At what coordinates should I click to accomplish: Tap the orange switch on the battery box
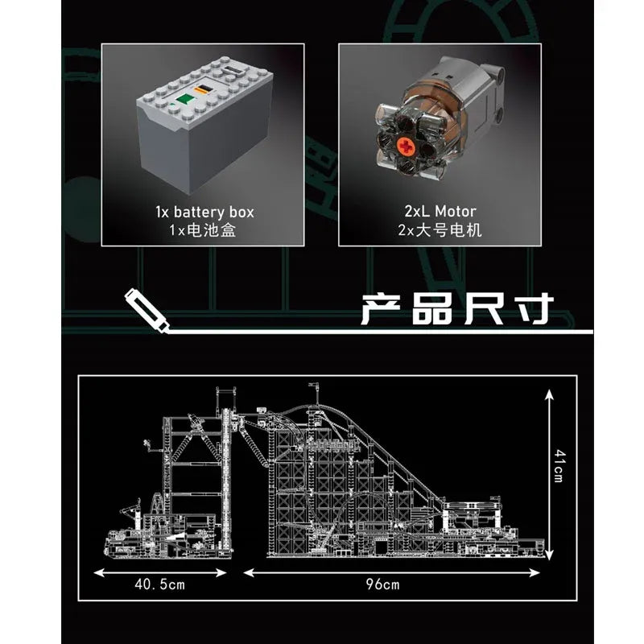tap(203, 89)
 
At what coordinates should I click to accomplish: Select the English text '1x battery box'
tap(204, 213)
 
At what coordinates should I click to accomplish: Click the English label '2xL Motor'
tap(440, 212)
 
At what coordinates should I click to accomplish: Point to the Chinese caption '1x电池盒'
tap(203, 230)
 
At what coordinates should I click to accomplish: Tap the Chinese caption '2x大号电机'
tap(440, 230)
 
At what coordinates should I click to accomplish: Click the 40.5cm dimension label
tap(159, 584)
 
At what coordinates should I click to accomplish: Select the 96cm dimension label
tap(382, 584)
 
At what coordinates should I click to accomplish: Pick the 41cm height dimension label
tap(559, 466)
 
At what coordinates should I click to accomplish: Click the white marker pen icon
tap(147, 310)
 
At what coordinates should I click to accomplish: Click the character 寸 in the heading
tap(535, 309)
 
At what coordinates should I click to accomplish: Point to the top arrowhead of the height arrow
tap(549, 395)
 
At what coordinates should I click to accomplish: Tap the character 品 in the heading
tap(431, 309)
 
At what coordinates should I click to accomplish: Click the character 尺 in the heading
tap(484, 309)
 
